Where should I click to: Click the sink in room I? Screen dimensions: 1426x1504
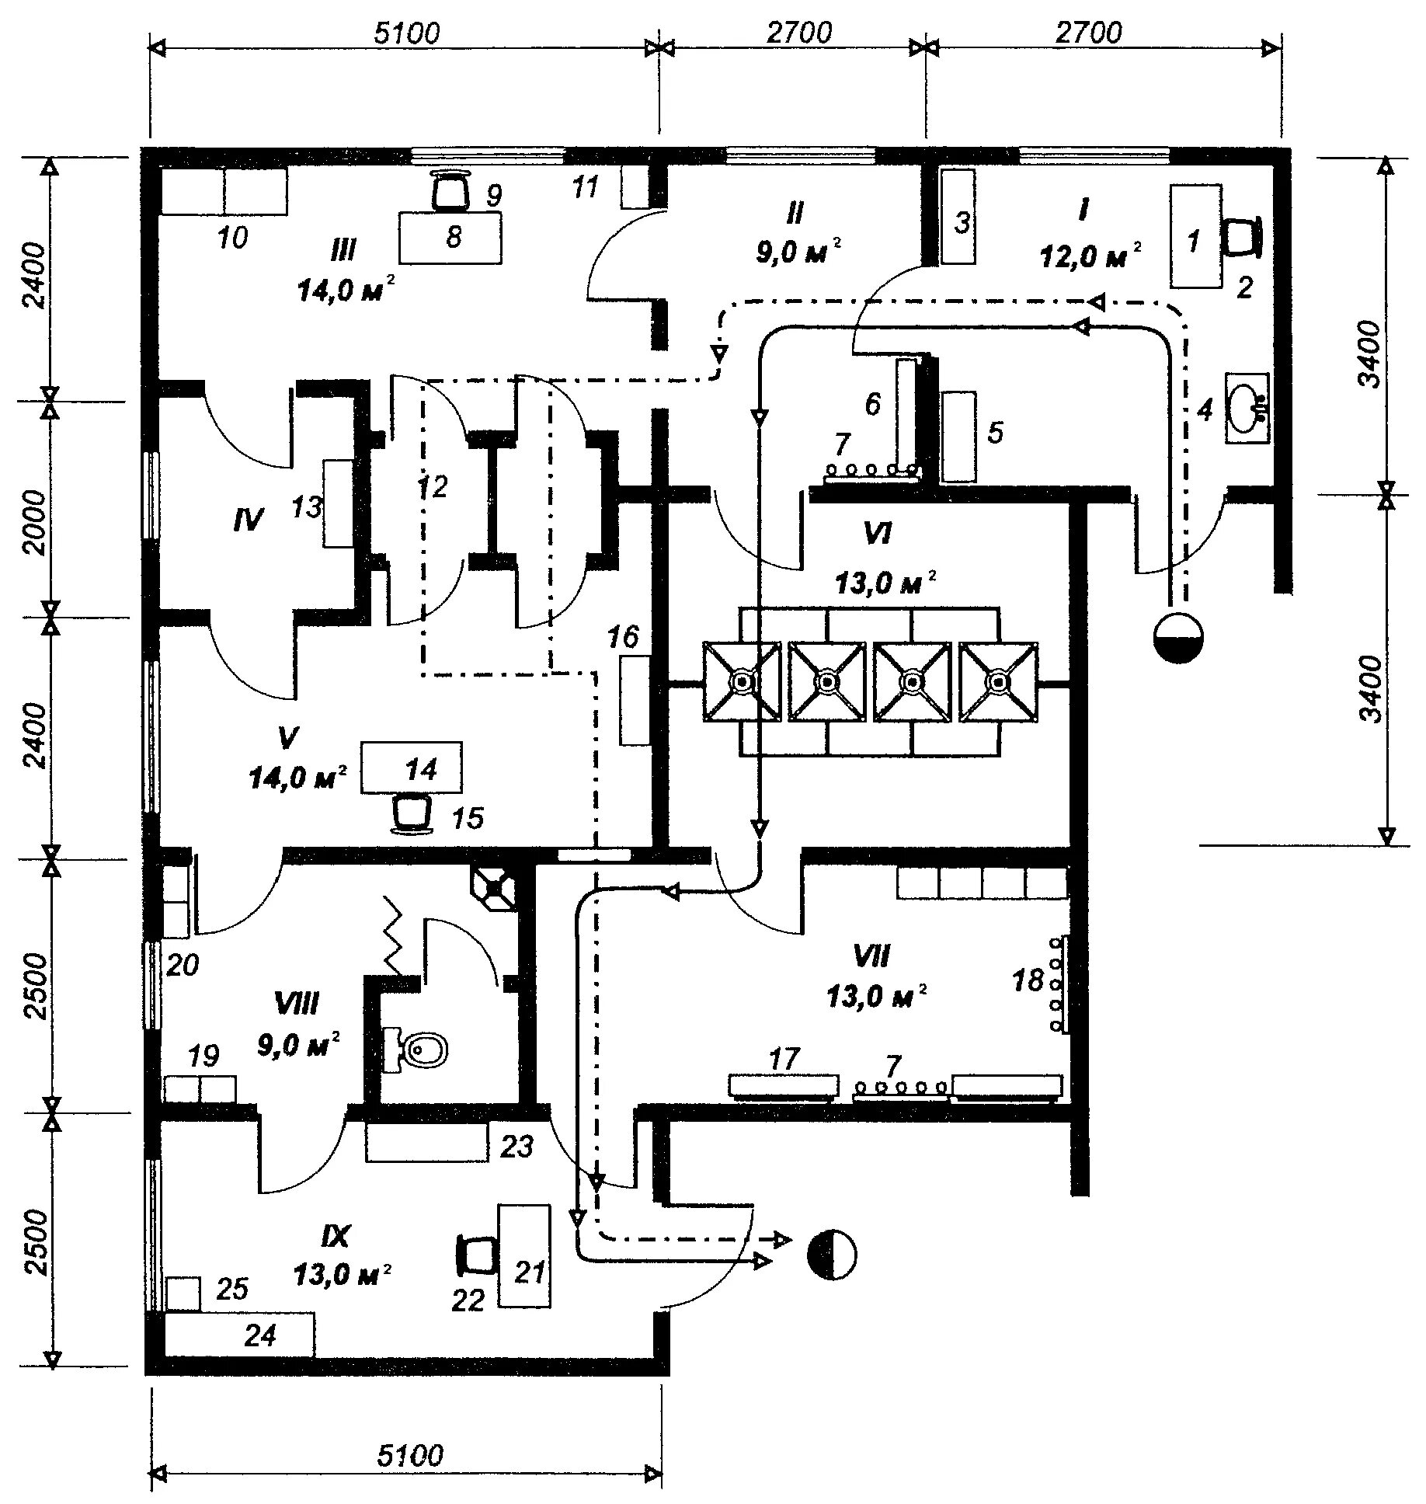click(1247, 408)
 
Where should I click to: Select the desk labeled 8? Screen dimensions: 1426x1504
click(450, 237)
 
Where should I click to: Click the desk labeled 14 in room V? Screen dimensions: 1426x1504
click(412, 768)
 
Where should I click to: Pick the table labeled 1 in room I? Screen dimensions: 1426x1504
click(1195, 236)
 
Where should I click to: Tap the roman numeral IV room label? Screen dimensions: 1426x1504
click(249, 519)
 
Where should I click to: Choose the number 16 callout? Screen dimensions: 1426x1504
click(623, 638)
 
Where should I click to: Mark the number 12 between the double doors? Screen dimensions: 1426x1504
click(432, 487)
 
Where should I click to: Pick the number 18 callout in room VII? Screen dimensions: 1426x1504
click(1028, 981)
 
